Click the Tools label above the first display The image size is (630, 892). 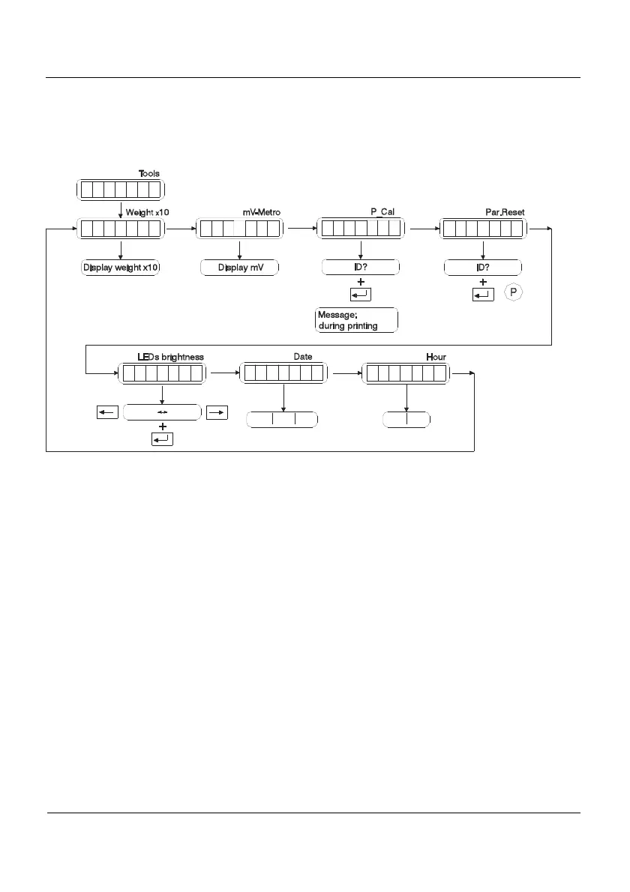coord(148,173)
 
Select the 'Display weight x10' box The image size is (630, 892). coord(120,268)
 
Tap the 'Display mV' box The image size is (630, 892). coord(239,268)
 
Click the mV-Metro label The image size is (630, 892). coord(261,212)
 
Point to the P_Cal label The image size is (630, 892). coord(382,212)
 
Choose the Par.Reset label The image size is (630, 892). coord(505,212)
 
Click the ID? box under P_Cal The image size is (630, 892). coord(361,268)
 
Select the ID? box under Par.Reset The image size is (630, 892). coord(482,268)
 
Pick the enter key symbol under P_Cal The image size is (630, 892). coord(361,295)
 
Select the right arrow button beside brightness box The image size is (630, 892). coord(217,412)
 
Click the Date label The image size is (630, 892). coord(303,357)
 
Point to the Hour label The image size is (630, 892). coord(436,357)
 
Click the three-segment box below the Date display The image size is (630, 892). coord(283,420)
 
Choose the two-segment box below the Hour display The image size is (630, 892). coord(406,420)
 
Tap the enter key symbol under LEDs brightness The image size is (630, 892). coord(162,439)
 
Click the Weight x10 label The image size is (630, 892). coord(147,212)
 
